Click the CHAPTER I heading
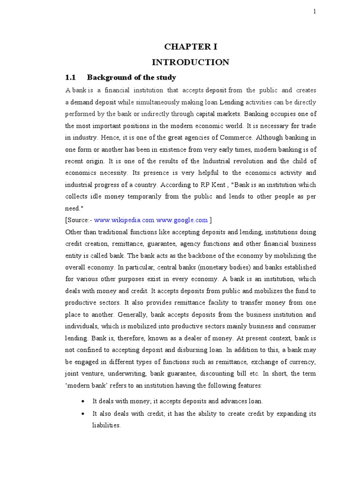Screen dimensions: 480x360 (190, 46)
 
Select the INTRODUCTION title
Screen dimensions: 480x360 (190, 62)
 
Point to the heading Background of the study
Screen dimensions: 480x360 (132, 77)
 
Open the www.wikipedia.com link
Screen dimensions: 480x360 (124, 220)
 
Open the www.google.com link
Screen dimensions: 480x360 (182, 220)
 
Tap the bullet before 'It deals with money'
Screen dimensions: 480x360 (83, 402)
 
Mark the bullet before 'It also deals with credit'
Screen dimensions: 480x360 (83, 413)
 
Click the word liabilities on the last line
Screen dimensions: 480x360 (106, 425)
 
